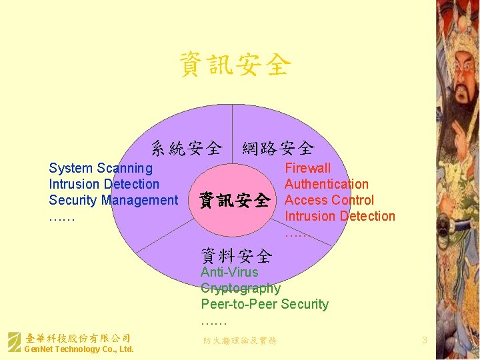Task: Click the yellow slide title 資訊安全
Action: click(235, 65)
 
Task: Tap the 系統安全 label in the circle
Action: click(186, 147)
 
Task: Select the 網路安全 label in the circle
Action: click(278, 147)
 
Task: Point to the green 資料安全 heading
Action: click(237, 255)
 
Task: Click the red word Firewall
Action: click(307, 169)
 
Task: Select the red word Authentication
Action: click(326, 185)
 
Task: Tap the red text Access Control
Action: click(329, 201)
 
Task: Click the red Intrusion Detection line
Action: click(339, 217)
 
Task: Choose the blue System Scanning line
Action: click(101, 169)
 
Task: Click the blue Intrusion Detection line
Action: click(104, 185)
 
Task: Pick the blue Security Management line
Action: click(113, 201)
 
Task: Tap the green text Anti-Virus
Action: click(229, 272)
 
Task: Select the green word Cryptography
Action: click(240, 288)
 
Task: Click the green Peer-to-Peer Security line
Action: click(265, 304)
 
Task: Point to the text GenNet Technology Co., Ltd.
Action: click(79, 349)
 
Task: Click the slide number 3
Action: click(424, 341)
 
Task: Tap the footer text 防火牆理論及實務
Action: click(239, 341)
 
